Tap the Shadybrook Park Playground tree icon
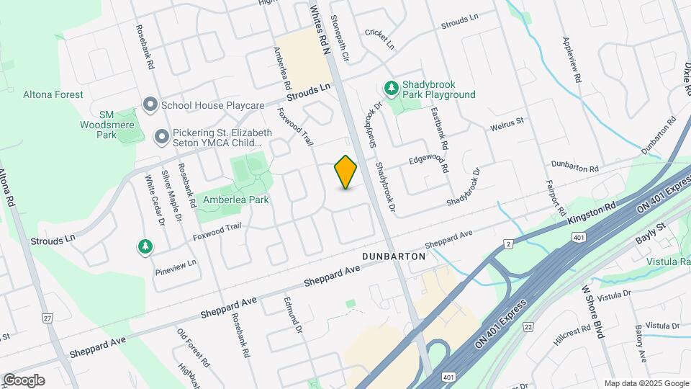(x=392, y=89)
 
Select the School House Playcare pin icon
(x=150, y=105)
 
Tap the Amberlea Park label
(x=236, y=200)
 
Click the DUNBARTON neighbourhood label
(x=395, y=256)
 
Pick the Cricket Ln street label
(x=380, y=39)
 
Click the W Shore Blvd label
(x=592, y=310)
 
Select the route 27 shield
(x=48, y=318)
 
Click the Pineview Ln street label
(x=176, y=267)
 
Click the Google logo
(x=24, y=380)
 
